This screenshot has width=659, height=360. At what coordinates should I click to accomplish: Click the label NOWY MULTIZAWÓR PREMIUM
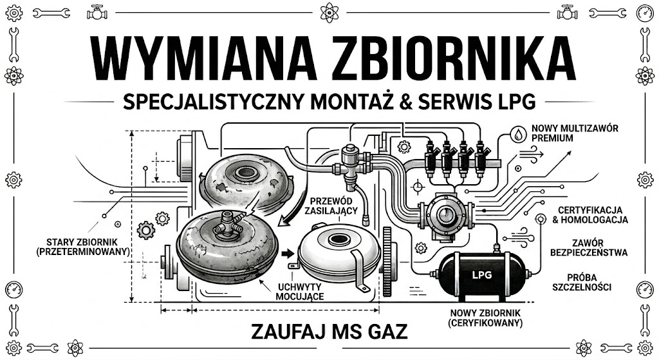(x=575, y=133)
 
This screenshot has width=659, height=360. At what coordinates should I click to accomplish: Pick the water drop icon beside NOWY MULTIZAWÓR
(x=519, y=134)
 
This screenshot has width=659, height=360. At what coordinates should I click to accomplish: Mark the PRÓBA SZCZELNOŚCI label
(x=584, y=281)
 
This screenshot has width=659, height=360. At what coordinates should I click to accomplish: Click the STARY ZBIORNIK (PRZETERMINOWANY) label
(x=84, y=247)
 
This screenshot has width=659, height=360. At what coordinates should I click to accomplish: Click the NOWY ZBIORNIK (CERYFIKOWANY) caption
(x=485, y=319)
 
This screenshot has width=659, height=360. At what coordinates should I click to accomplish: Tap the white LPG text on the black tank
(x=482, y=274)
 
